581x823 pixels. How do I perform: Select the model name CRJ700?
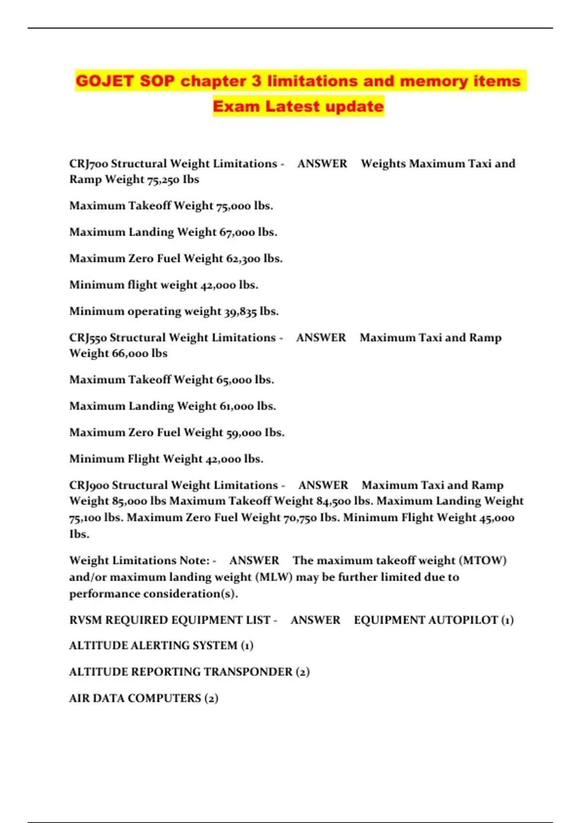[89, 164]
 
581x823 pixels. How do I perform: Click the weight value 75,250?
[163, 180]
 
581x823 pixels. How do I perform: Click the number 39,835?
[240, 311]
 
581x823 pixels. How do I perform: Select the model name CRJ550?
[88, 337]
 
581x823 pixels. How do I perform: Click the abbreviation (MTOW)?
[482, 561]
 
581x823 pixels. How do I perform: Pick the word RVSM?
[86, 620]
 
